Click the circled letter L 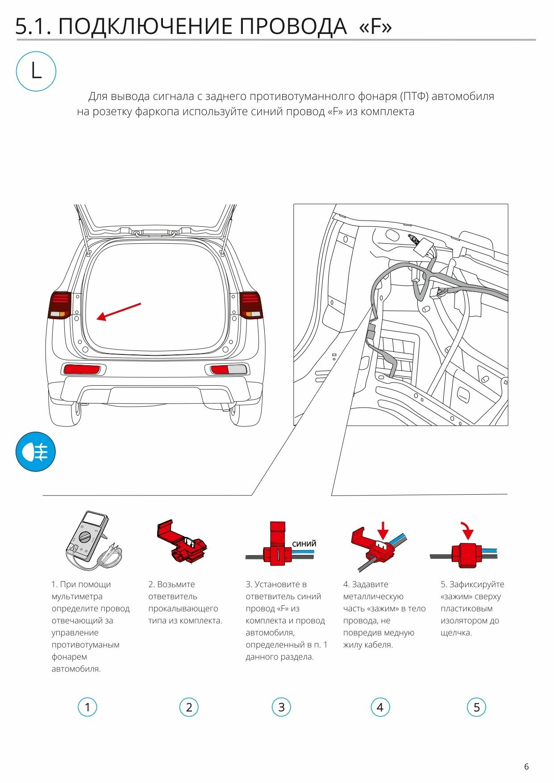tap(36, 71)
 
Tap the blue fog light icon tap(36, 451)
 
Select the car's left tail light tap(60, 305)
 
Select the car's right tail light tap(250, 305)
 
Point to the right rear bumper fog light tap(228, 369)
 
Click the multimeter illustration tap(92, 541)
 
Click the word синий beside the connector tap(304, 543)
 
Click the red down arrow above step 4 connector tap(383, 530)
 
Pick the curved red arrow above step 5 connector tap(467, 530)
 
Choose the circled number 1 tap(87, 707)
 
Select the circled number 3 tap(281, 707)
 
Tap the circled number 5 tap(476, 707)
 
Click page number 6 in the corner tap(526, 766)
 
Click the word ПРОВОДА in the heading tap(292, 27)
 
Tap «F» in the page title tap(375, 27)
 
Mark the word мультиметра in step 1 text tap(77, 596)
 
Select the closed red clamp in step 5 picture tap(465, 555)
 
